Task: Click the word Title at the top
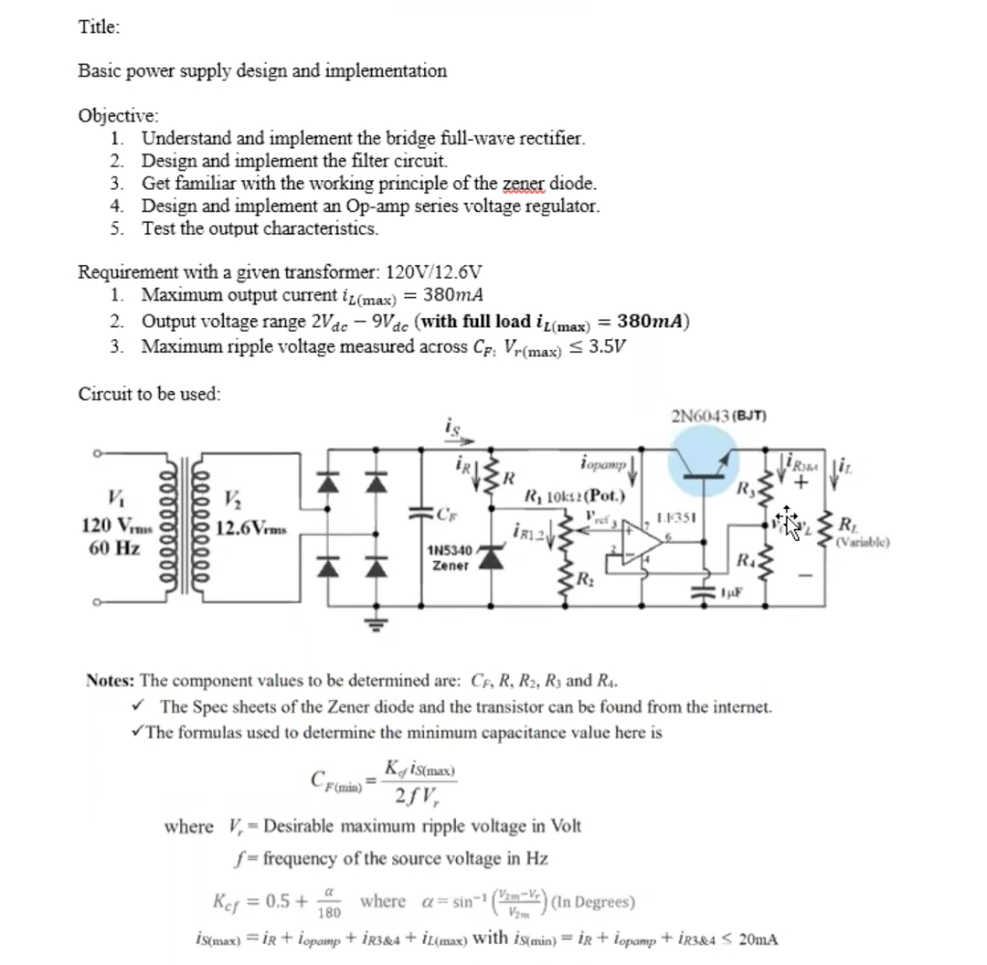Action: point(98,28)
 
